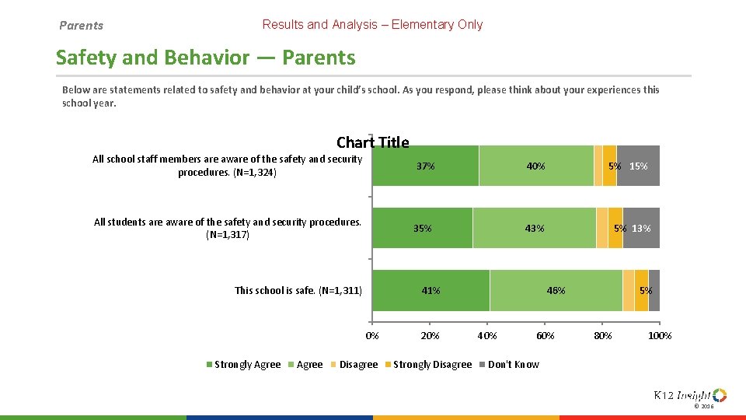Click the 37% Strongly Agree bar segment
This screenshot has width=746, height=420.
click(425, 166)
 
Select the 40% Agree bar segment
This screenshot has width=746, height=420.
click(535, 166)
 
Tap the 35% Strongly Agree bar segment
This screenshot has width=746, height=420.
click(422, 228)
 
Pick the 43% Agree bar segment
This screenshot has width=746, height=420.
click(534, 228)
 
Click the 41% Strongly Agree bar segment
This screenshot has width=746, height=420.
click(431, 290)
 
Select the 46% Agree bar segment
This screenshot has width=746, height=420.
click(556, 290)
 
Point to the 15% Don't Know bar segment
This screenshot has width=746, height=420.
click(639, 166)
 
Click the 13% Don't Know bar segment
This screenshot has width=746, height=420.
click(642, 228)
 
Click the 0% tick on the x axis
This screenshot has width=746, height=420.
click(372, 335)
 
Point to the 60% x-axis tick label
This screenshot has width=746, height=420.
click(545, 335)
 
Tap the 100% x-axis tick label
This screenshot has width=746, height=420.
click(660, 335)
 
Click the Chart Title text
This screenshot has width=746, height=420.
click(372, 142)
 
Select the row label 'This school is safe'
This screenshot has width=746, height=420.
click(298, 291)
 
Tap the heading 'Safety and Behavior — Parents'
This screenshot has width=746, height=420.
click(206, 58)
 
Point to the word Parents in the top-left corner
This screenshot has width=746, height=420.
click(82, 26)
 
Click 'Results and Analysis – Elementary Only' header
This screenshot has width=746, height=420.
click(372, 24)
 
